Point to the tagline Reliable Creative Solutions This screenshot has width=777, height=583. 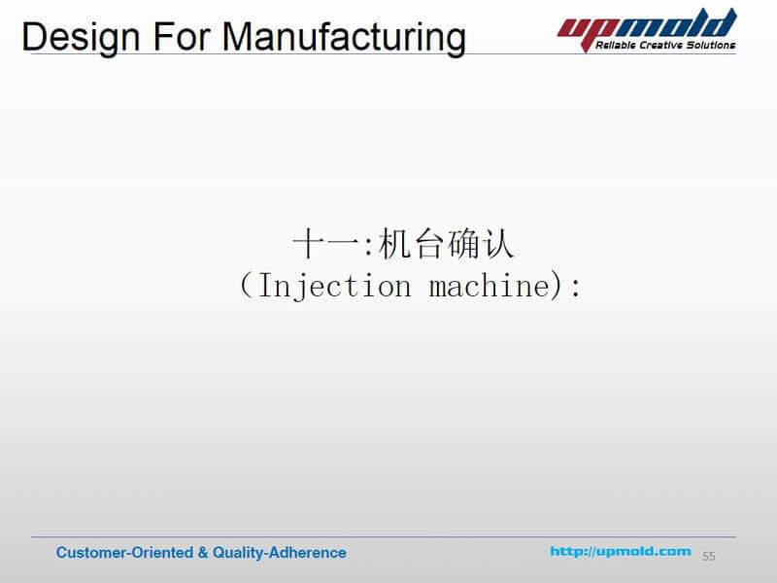click(666, 45)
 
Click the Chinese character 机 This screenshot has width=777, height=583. click(392, 244)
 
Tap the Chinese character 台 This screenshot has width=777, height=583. click(428, 244)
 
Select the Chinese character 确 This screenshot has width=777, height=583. click(464, 244)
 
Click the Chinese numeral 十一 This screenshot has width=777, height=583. click(326, 244)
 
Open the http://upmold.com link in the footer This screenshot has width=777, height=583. click(621, 551)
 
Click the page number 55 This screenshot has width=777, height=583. click(709, 556)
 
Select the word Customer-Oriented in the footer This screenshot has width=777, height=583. click(124, 552)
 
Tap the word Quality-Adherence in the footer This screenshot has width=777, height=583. click(280, 552)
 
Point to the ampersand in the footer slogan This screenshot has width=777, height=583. click(202, 552)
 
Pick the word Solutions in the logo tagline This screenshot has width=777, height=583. click(710, 45)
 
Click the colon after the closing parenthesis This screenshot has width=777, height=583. click(576, 288)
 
